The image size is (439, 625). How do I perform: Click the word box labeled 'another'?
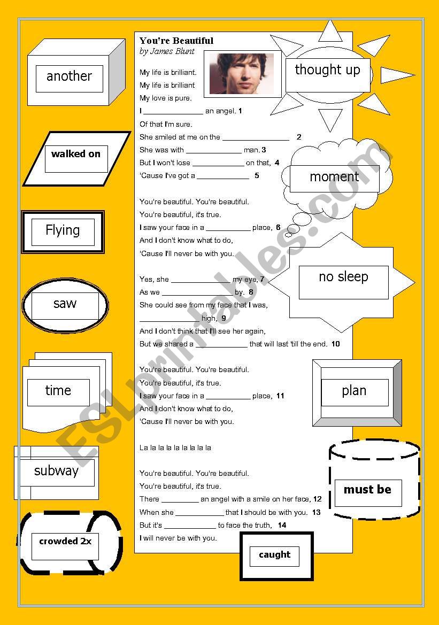(70, 79)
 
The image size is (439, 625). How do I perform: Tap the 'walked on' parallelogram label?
(76, 159)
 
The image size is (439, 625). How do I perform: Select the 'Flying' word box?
(63, 232)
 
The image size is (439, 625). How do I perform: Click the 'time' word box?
(58, 392)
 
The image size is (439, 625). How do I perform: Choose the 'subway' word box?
(57, 472)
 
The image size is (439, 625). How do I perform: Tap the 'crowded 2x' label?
(65, 546)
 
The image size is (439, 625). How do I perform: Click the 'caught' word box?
(274, 557)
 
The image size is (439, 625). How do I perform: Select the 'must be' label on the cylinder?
(368, 493)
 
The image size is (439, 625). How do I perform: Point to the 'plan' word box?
(355, 392)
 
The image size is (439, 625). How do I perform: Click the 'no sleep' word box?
(344, 282)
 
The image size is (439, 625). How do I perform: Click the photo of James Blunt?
(242, 74)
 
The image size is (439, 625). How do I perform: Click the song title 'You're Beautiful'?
(176, 41)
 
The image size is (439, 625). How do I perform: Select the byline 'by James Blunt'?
(167, 51)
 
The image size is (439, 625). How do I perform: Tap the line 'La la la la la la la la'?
(175, 447)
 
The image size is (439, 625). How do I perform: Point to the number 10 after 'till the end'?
(336, 344)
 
